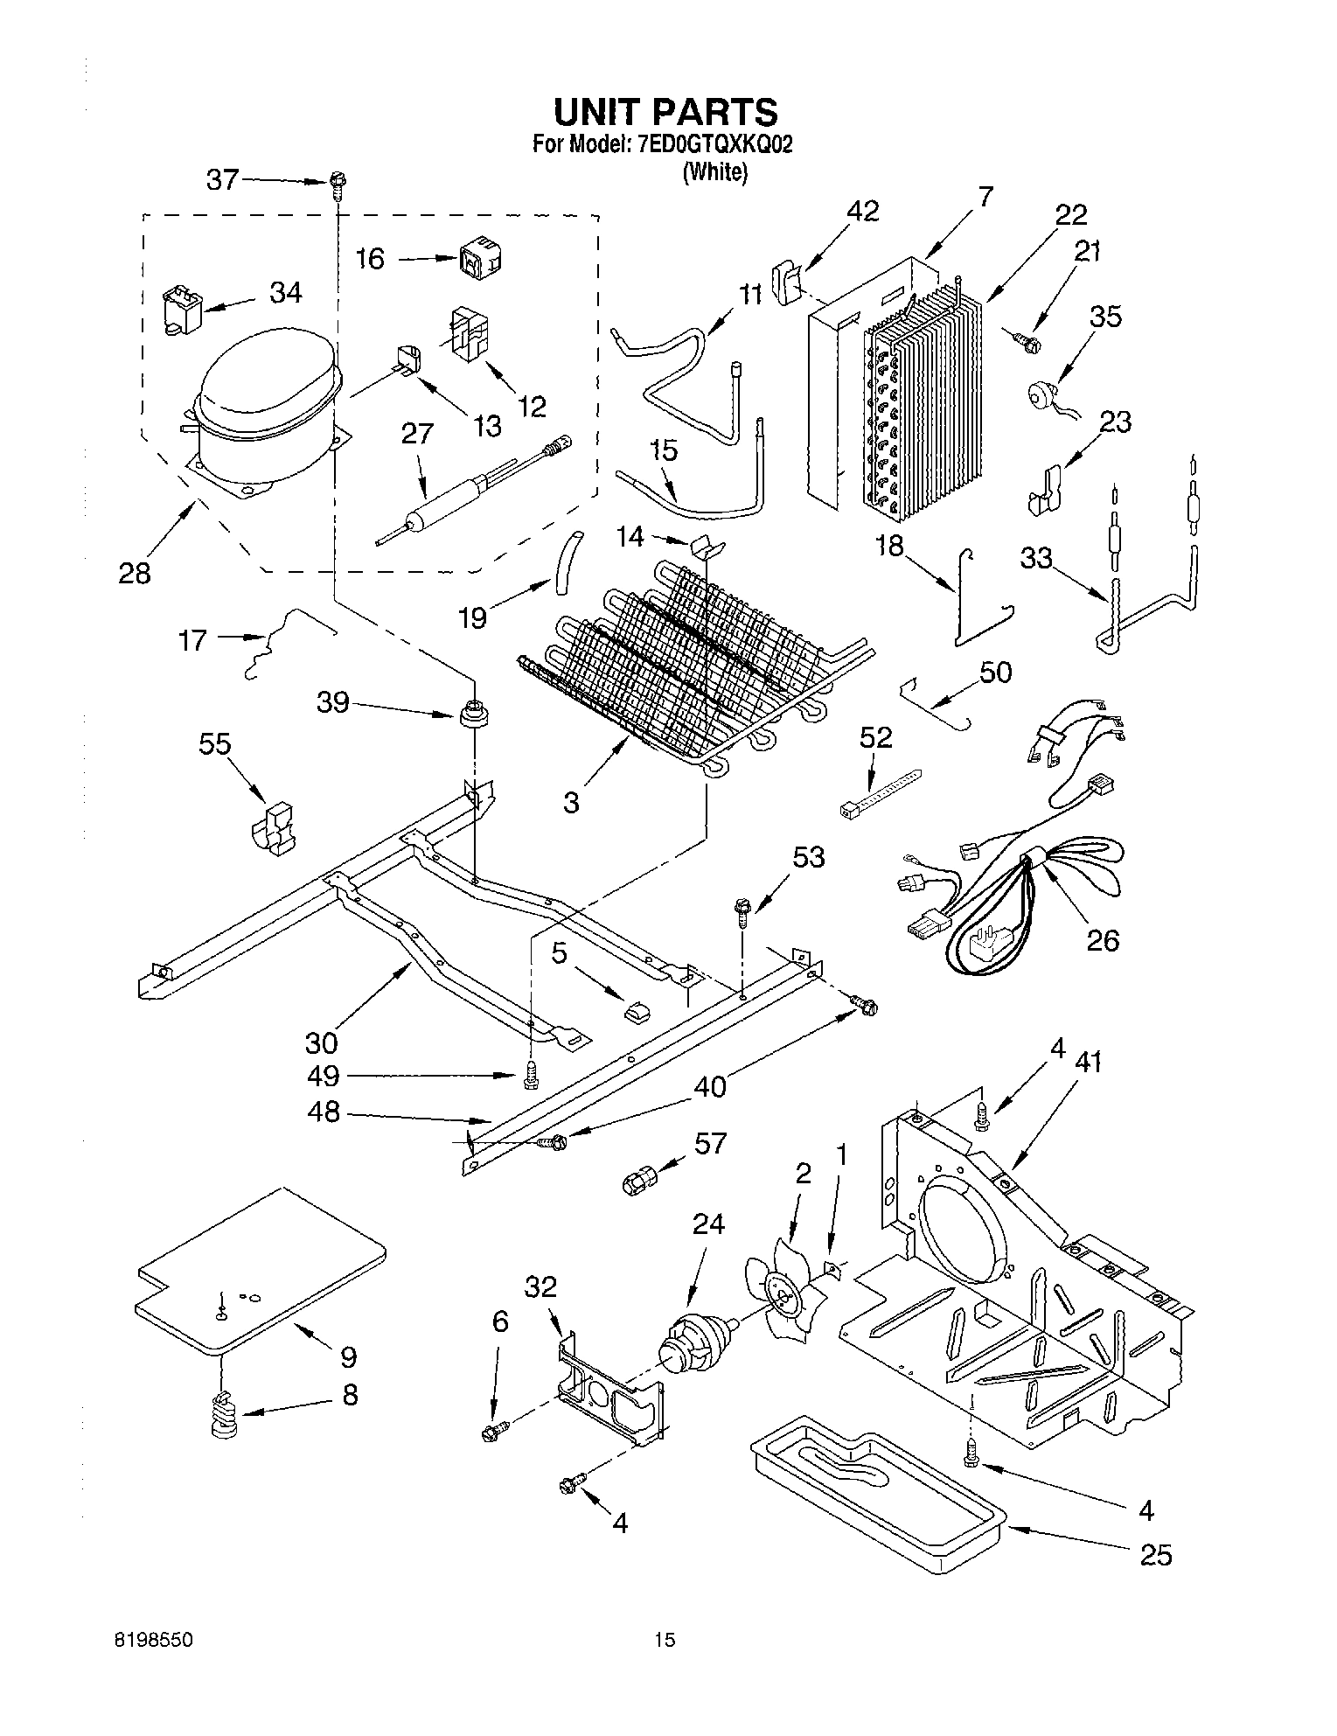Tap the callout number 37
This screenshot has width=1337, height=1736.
pyautogui.click(x=222, y=179)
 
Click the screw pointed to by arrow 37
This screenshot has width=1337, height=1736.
pyautogui.click(x=336, y=185)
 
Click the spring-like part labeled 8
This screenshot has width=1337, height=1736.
pyautogui.click(x=226, y=1413)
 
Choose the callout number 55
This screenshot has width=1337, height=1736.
pyautogui.click(x=214, y=744)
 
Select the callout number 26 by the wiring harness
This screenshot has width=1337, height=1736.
pyautogui.click(x=1103, y=940)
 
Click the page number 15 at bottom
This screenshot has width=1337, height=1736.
pyautogui.click(x=666, y=1640)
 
